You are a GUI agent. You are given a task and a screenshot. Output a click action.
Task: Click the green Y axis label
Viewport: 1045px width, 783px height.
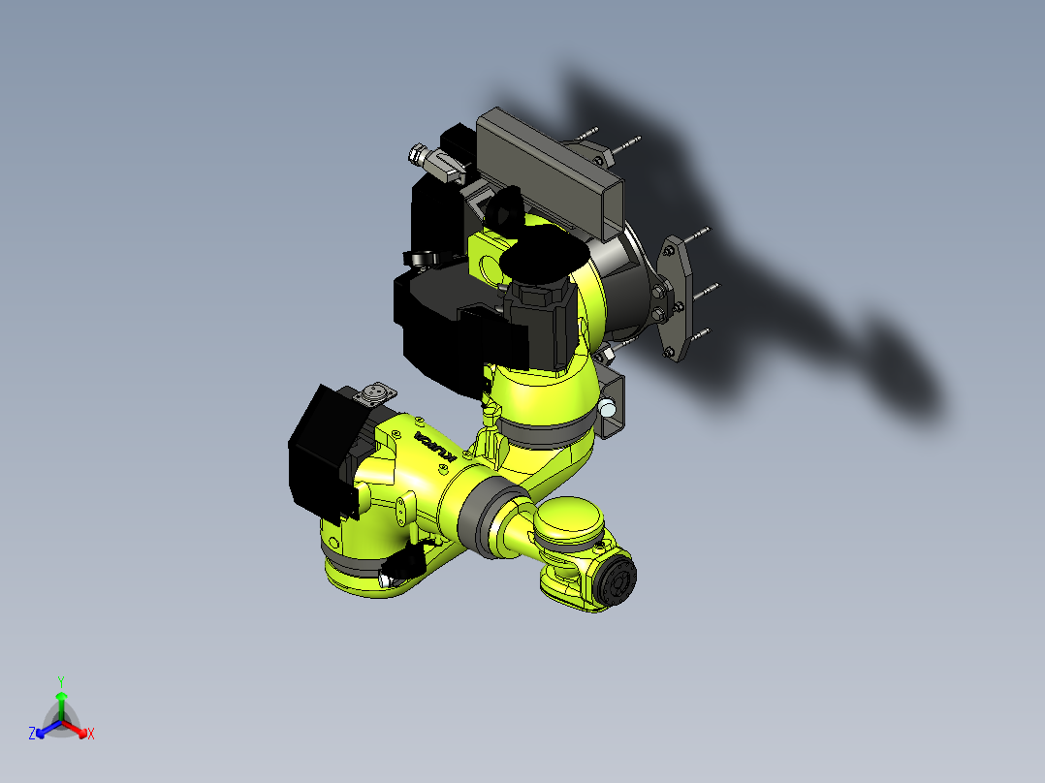click(60, 680)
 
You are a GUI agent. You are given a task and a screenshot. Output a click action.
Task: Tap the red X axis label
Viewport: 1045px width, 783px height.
click(90, 735)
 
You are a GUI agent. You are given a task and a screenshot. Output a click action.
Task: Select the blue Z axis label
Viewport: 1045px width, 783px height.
click(32, 734)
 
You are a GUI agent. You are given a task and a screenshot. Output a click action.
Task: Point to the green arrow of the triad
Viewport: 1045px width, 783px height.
click(60, 702)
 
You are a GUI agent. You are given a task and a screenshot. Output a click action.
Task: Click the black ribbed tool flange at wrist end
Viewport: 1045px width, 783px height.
click(617, 580)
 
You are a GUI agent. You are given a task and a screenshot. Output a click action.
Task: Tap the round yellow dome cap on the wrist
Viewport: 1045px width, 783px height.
click(571, 518)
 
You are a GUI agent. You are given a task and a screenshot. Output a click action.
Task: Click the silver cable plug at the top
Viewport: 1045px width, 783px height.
click(424, 154)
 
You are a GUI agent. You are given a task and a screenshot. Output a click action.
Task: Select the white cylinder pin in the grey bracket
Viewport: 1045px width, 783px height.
click(607, 407)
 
